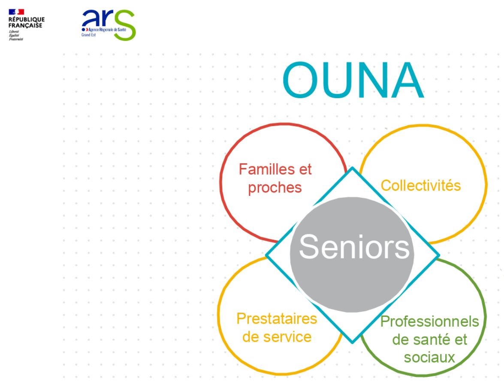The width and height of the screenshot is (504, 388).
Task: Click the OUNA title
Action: (x=353, y=80)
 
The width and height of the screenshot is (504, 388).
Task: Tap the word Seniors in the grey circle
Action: (x=354, y=247)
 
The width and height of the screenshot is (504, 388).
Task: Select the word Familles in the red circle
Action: (x=263, y=169)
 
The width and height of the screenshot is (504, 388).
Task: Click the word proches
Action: (x=275, y=188)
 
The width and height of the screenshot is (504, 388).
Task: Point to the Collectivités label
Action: (x=421, y=185)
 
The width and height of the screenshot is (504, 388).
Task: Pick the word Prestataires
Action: (x=277, y=319)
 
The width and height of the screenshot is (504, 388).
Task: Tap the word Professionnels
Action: (x=430, y=322)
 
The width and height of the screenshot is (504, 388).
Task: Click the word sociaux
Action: (x=429, y=358)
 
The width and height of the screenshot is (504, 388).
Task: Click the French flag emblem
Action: (x=16, y=12)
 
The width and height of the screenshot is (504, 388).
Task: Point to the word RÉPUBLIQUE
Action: (x=27, y=20)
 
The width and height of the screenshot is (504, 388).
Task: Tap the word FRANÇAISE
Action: (x=25, y=26)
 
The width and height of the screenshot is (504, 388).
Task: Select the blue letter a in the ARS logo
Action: (x=90, y=18)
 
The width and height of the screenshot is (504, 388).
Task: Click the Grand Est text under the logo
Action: (x=88, y=35)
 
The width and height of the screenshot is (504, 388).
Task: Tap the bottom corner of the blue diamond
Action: (x=352, y=343)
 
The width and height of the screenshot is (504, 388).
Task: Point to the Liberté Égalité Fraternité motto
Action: (x=16, y=35)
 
